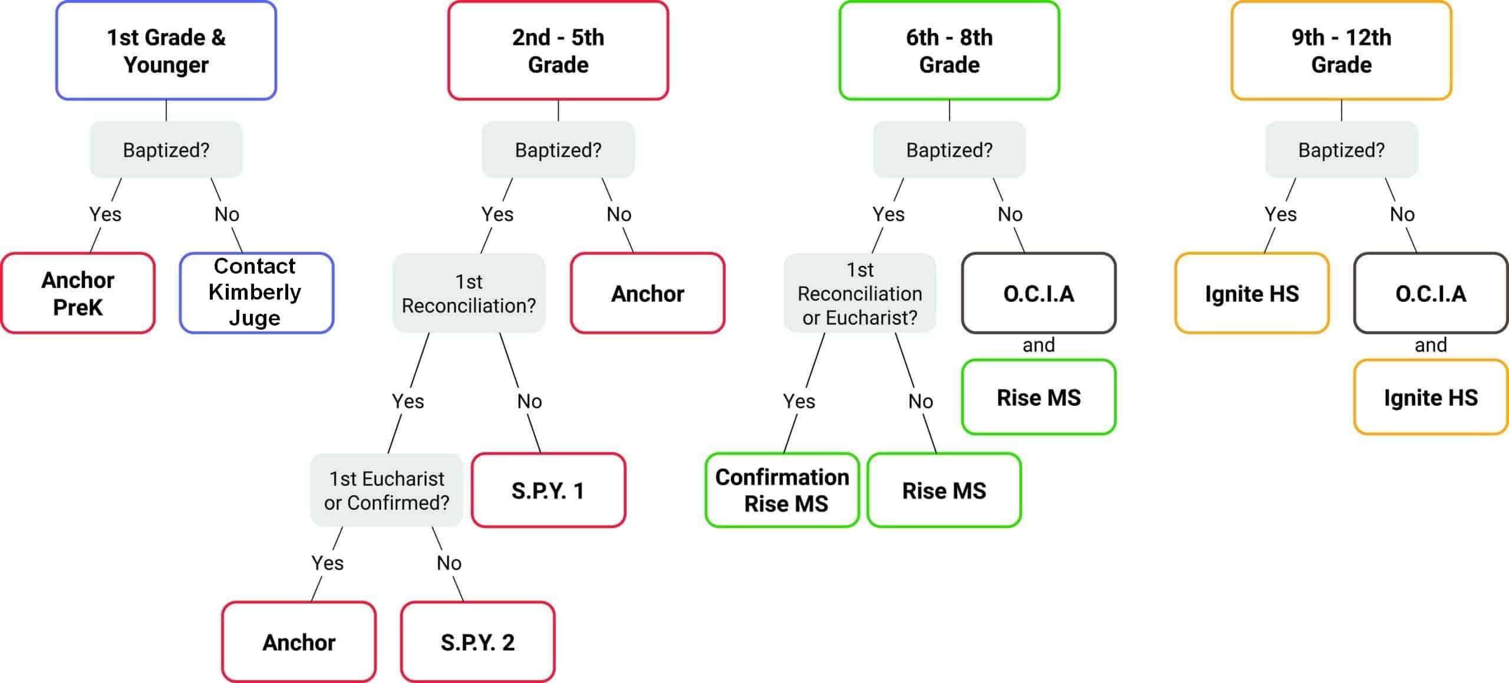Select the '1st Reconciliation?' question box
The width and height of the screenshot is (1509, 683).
point(469,293)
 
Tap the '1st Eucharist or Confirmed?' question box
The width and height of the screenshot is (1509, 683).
point(387,490)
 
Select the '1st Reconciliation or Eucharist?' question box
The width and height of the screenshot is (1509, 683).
point(859,293)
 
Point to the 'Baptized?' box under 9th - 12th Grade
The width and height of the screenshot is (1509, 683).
point(1341,150)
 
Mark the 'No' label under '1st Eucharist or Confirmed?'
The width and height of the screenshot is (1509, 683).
point(449,563)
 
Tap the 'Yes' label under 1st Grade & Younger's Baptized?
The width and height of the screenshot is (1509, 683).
point(106,214)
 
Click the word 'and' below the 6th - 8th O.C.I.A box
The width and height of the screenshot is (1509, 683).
point(1039,345)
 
